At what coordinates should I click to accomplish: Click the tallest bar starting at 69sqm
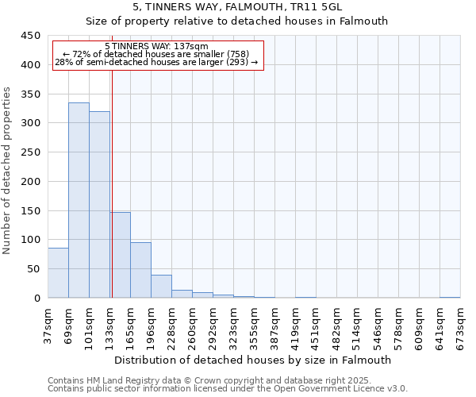pos(79,200)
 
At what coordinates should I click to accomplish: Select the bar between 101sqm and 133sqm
pos(99,205)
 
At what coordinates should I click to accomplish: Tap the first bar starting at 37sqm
pos(58,273)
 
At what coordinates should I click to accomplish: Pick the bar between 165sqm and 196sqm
pos(140,270)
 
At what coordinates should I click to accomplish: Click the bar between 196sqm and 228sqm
pos(161,287)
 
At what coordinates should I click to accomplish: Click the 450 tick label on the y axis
pos(31,36)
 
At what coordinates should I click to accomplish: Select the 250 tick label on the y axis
pos(31,152)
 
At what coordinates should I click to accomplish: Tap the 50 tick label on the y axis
pos(34,269)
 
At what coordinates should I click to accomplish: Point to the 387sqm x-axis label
pos(275,323)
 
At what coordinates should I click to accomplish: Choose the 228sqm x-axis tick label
pos(172,323)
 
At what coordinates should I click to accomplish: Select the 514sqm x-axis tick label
pos(358,323)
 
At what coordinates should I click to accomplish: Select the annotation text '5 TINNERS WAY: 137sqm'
pos(156,46)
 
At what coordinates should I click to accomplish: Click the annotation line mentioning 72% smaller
pos(156,54)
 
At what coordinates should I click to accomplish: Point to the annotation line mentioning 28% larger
pos(156,62)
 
